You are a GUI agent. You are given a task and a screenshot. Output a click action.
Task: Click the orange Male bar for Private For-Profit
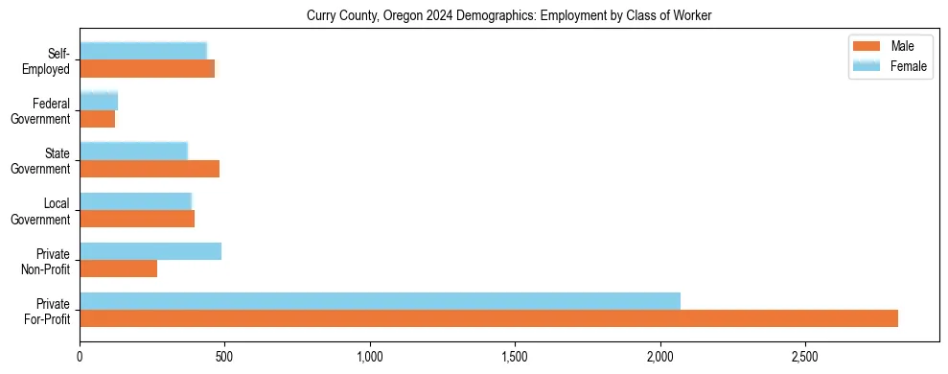tap(489, 318)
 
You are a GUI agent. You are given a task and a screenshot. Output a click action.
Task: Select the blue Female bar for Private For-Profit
tap(380, 301)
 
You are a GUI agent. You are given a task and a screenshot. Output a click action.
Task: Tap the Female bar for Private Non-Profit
tap(150, 251)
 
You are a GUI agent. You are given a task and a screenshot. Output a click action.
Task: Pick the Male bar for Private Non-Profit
tap(118, 269)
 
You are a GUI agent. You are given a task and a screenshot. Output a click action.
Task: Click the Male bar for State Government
tap(150, 169)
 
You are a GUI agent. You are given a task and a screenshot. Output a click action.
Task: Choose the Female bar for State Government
tap(133, 152)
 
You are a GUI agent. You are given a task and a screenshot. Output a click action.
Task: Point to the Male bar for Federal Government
tap(97, 119)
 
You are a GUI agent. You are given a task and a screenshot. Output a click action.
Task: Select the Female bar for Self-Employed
tap(143, 52)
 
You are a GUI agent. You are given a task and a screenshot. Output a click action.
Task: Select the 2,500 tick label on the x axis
tap(805, 357)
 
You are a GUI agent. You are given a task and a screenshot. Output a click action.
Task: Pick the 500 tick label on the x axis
tap(224, 357)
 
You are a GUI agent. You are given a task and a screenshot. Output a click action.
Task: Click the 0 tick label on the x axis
tap(80, 357)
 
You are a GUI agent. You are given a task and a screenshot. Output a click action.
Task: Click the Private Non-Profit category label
tap(47, 261)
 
